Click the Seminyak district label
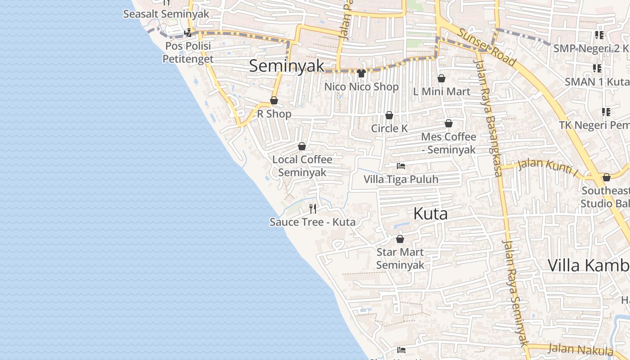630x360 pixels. pyautogui.click(x=287, y=66)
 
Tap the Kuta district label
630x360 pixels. pyautogui.click(x=430, y=214)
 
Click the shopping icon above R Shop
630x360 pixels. pyautogui.click(x=274, y=100)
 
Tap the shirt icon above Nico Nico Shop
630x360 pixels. pyautogui.click(x=361, y=73)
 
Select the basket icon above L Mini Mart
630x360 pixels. pyautogui.click(x=441, y=78)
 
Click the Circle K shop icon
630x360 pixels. pyautogui.click(x=389, y=116)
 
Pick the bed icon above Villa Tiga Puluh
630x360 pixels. pyautogui.click(x=401, y=166)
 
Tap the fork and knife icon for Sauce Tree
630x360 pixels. pyautogui.click(x=313, y=208)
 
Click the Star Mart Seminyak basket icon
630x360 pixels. pyautogui.click(x=400, y=239)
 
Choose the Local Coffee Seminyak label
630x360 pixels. pyautogui.click(x=302, y=166)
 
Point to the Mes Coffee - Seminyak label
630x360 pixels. pyautogui.click(x=449, y=143)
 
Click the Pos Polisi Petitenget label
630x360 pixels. pyautogui.click(x=188, y=52)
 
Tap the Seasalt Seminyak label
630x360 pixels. pyautogui.click(x=166, y=14)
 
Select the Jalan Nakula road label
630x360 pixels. pyautogui.click(x=580, y=349)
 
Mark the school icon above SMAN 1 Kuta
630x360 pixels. pyautogui.click(x=597, y=68)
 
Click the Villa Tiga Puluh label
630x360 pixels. pyautogui.click(x=401, y=179)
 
